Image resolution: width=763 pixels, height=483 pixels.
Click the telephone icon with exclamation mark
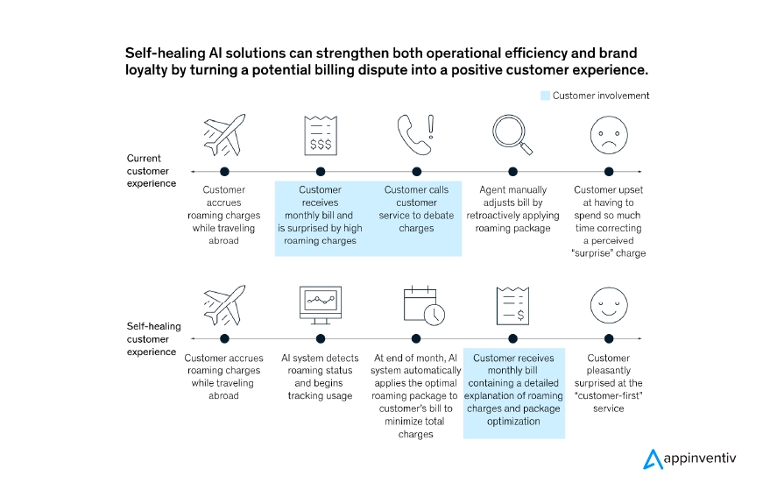416,134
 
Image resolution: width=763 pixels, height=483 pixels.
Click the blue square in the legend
545,96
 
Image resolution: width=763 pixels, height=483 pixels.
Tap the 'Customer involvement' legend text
601,96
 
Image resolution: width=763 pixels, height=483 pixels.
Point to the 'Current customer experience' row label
151,171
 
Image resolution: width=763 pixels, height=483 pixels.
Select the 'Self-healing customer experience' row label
153,339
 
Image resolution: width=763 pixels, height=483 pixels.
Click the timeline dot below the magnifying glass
512,171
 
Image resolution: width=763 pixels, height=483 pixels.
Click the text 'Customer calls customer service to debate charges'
416,209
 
